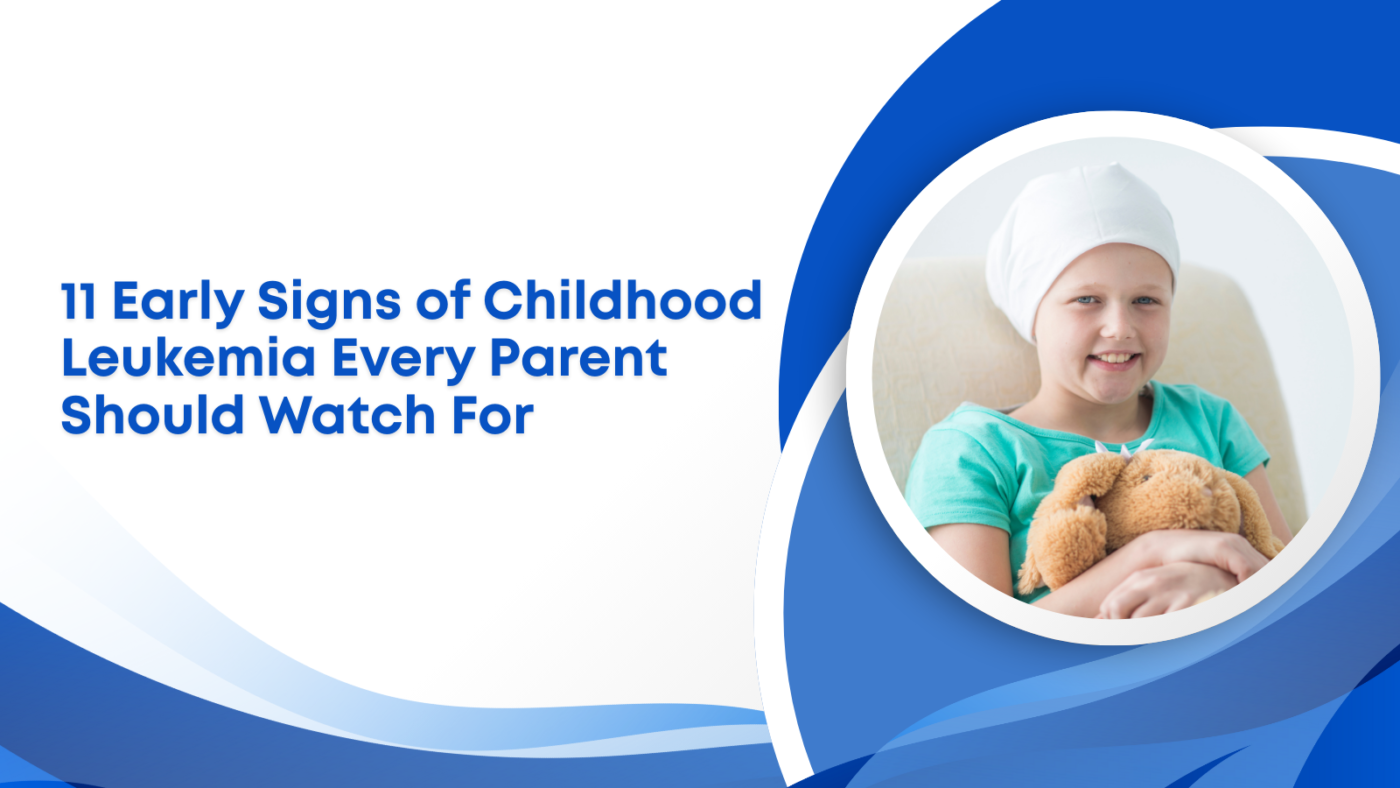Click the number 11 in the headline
(80, 302)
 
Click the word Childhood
(623, 302)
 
